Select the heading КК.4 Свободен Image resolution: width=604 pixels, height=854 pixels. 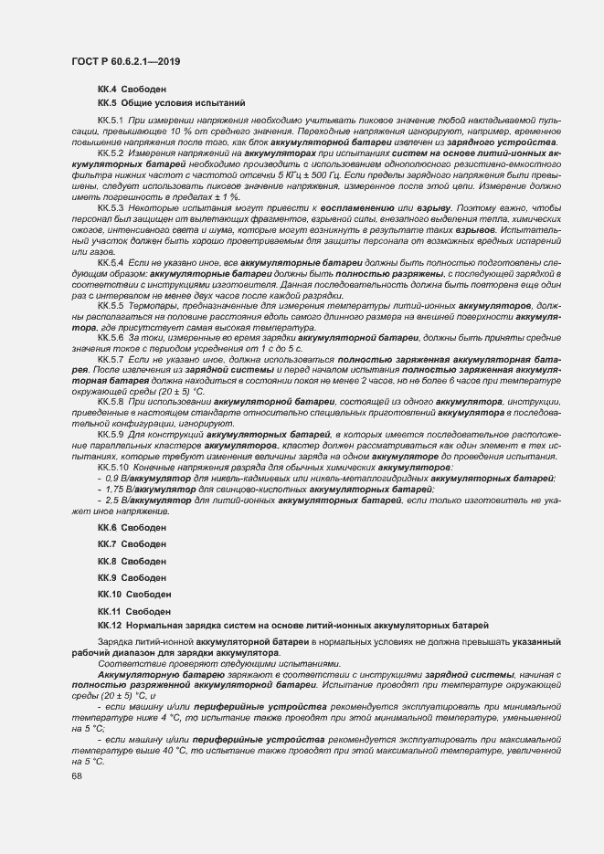pyautogui.click(x=132, y=89)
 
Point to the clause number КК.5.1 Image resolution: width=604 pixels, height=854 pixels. pyautogui.click(x=110, y=121)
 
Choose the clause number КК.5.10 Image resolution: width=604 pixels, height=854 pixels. pyautogui.click(x=112, y=467)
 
